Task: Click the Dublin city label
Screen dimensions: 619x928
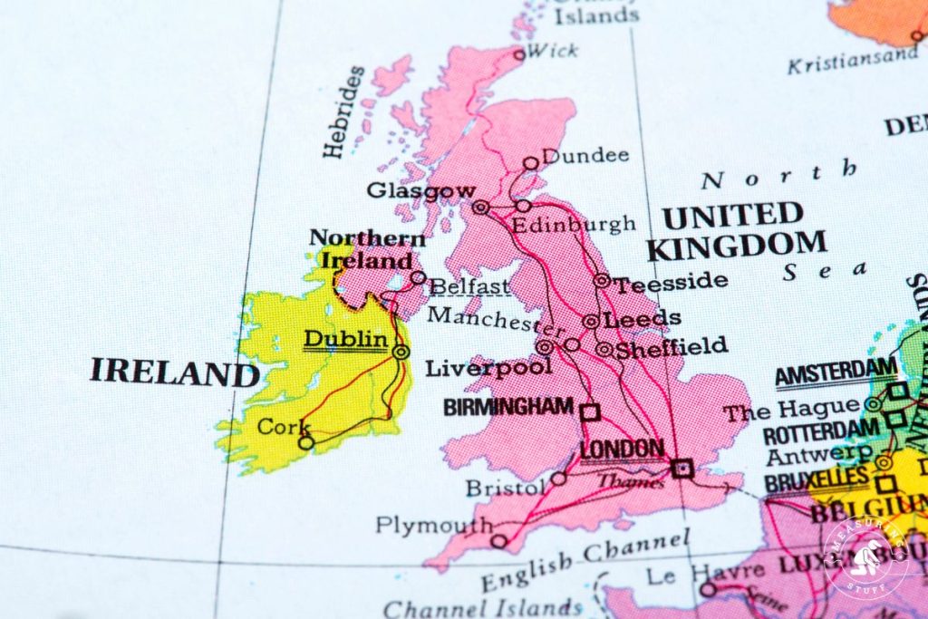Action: (x=345, y=339)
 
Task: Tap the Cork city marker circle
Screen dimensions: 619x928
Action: (x=306, y=442)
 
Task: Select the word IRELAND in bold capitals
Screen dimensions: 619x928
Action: (x=174, y=372)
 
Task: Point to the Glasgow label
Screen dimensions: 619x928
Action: (x=420, y=190)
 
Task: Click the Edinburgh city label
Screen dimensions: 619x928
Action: (x=574, y=224)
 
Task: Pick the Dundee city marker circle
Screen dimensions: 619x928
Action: (x=531, y=163)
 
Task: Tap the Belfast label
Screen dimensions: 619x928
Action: (x=469, y=287)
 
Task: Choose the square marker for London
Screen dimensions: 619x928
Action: (x=682, y=468)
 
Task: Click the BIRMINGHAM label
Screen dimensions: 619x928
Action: (x=508, y=407)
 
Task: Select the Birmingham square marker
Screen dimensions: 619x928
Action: (x=590, y=411)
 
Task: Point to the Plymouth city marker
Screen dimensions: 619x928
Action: (x=498, y=541)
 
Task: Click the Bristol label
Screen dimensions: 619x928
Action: (x=500, y=488)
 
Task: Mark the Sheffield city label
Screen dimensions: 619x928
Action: (x=672, y=345)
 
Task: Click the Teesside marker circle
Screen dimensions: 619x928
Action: (x=601, y=281)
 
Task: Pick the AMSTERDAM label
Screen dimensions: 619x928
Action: (x=836, y=373)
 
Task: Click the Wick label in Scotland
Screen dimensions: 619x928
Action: (x=552, y=50)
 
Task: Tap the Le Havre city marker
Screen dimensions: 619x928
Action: (x=708, y=589)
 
